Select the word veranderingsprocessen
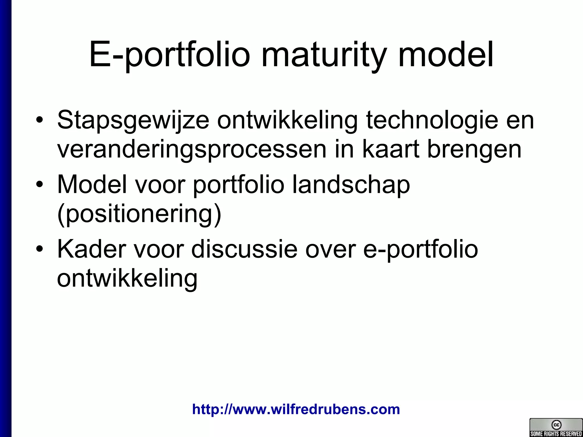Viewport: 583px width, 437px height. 192,150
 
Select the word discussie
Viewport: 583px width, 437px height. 244,249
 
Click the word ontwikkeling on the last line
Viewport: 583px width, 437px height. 127,279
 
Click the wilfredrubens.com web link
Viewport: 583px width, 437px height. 296,409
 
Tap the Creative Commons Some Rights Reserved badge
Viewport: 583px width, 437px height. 556,427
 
